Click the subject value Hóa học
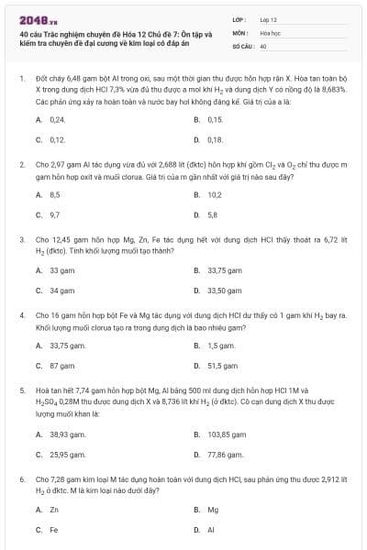[x=270, y=32]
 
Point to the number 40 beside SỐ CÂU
[x=263, y=45]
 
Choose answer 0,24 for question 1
[x=57, y=120]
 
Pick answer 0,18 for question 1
[x=216, y=139]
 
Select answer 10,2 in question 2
[x=215, y=194]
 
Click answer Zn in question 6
[x=54, y=510]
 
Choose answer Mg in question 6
[x=213, y=510]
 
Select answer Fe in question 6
[x=54, y=529]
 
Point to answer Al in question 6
[x=211, y=529]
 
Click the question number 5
[x=21, y=390]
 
